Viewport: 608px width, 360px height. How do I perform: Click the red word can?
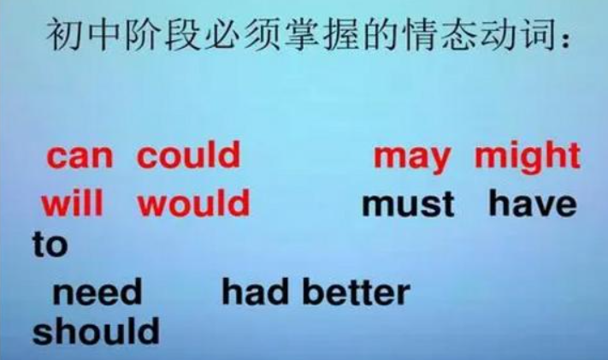pos(82,156)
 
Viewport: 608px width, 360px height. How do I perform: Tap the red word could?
pos(189,156)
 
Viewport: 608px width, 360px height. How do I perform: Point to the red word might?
pos(527,156)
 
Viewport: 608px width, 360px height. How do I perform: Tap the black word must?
pos(409,205)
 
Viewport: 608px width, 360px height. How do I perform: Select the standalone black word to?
pos(50,246)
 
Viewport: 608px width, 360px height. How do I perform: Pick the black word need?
pos(97,293)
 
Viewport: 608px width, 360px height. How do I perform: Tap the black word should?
pos(96,332)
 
